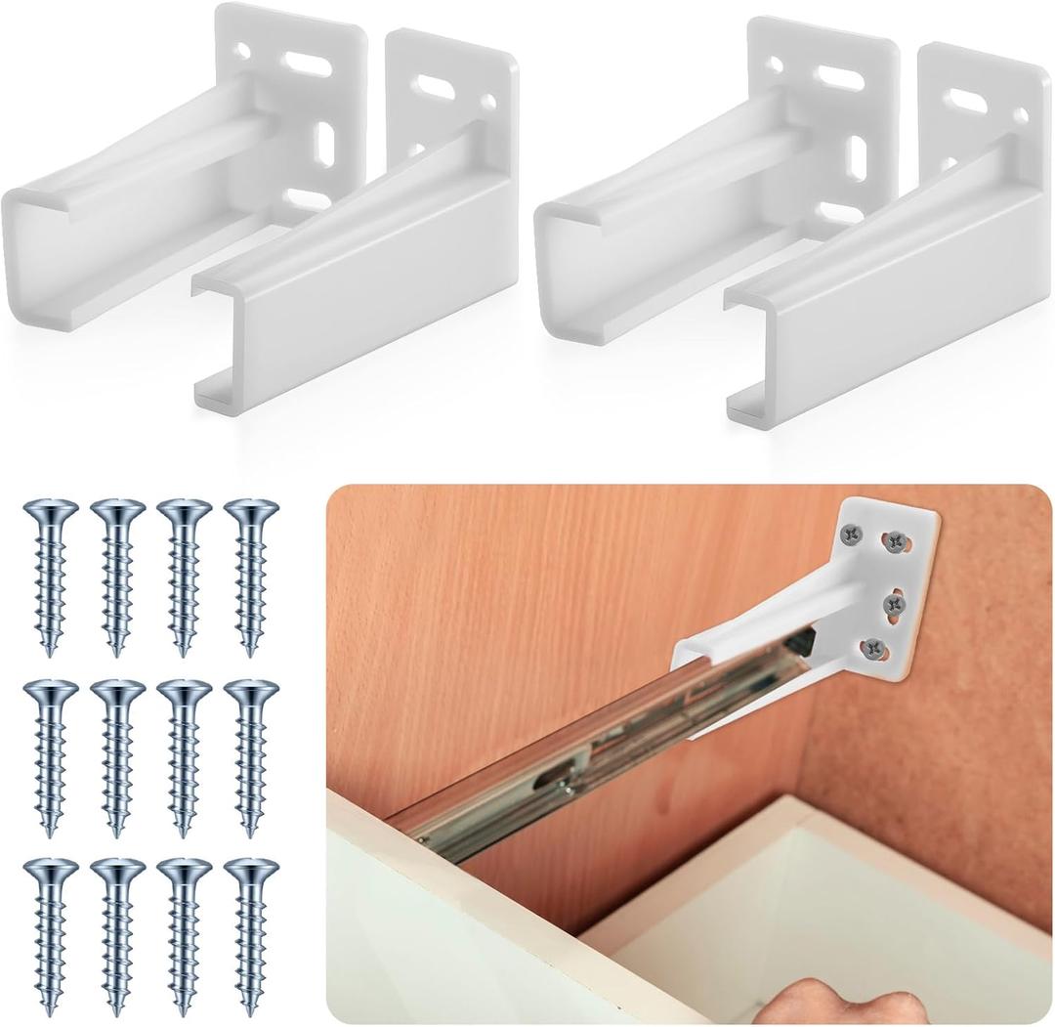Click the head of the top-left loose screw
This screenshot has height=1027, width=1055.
coord(50,510)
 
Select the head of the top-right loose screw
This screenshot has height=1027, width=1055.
coord(251,510)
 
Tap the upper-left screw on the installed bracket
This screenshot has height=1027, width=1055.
coord(852,535)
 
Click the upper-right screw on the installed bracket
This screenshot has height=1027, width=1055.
coord(896,539)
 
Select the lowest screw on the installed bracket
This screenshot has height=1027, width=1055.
coord(874,646)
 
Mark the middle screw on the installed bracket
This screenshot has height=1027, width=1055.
coord(894,604)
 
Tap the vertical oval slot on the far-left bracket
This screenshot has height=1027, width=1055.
coord(324,147)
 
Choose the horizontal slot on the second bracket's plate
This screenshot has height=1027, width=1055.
coord(433,88)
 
